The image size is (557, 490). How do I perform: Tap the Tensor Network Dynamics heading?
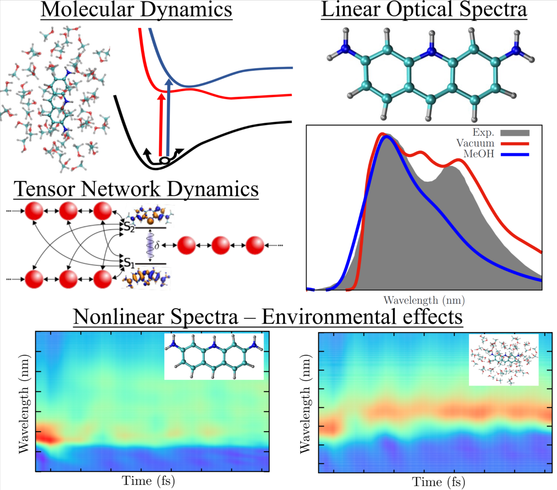[136, 189]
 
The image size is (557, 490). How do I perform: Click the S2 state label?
[129, 227]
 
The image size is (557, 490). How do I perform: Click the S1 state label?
[129, 263]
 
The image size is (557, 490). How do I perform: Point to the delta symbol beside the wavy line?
[157, 245]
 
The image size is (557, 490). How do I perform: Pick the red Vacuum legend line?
[514, 144]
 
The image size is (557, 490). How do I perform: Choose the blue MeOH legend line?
[514, 155]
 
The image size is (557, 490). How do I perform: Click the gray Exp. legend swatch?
[514, 133]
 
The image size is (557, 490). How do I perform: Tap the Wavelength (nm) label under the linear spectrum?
[424, 300]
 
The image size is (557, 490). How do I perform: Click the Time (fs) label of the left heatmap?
[148, 480]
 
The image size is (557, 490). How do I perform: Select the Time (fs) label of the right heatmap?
[438, 482]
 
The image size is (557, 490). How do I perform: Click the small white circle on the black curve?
[164, 160]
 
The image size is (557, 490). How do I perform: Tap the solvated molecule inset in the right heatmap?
[504, 360]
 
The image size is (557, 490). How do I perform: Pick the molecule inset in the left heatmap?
[214, 357]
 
